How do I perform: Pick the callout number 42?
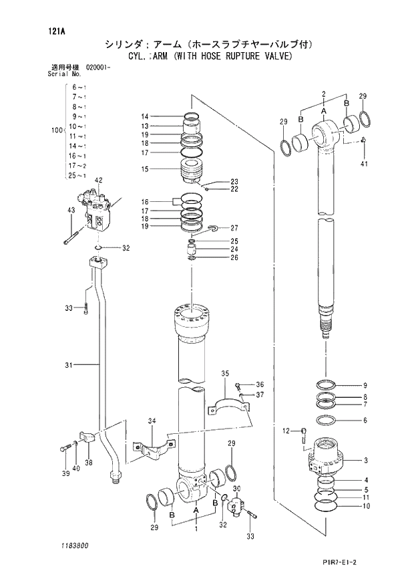pos(98,181)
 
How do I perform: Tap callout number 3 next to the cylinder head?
pos(365,461)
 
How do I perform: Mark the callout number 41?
pos(364,164)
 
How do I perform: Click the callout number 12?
pos(285,431)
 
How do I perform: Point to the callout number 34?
pos(152,421)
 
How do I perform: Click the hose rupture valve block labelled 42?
pos(97,211)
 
